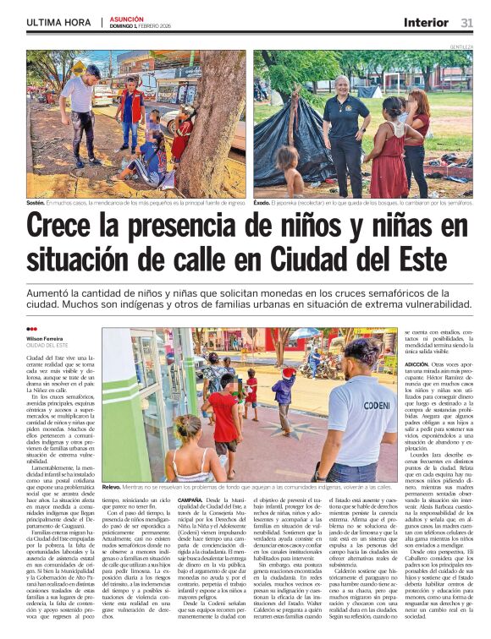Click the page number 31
tap(466, 22)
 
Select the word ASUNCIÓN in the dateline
tap(127, 18)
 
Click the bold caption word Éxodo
tap(263, 203)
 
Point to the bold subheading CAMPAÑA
tap(190, 500)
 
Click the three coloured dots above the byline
tap(31, 330)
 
